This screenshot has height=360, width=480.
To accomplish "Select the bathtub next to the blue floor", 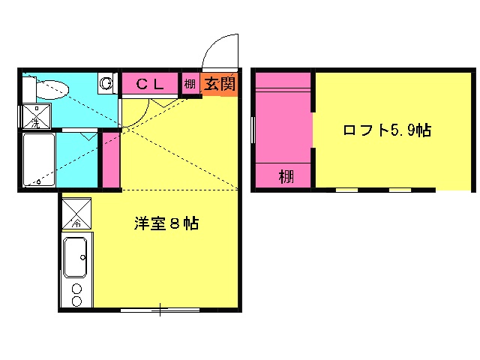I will (38, 160).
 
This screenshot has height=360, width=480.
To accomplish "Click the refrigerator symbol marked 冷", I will (76, 213).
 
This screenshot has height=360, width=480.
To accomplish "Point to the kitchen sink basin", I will (76, 257).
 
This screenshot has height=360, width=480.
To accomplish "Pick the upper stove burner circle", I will (76, 288).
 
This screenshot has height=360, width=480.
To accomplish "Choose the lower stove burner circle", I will (76, 301).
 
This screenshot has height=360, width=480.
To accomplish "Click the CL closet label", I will (149, 84).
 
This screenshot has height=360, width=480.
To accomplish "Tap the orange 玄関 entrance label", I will (219, 84).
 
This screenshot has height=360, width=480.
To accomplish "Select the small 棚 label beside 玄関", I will (190, 84).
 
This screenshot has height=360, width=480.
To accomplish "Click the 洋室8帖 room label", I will (166, 223).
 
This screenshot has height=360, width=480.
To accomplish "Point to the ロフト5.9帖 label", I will (386, 130).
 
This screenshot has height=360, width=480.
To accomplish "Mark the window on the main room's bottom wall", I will (160, 310).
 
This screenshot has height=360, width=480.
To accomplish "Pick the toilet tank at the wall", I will (28, 89).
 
